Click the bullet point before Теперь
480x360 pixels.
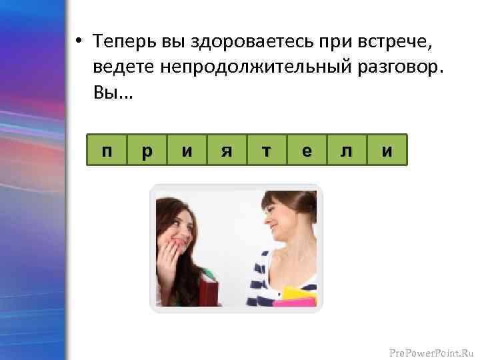click(78, 43)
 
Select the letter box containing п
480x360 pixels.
click(107, 151)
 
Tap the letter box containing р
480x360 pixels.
click(147, 151)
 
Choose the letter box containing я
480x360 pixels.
click(227, 151)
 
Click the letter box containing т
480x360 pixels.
click(267, 151)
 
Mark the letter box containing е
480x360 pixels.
click(307, 151)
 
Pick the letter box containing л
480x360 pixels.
click(347, 151)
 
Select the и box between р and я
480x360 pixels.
click(187, 151)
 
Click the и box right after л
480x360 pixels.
click(387, 151)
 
